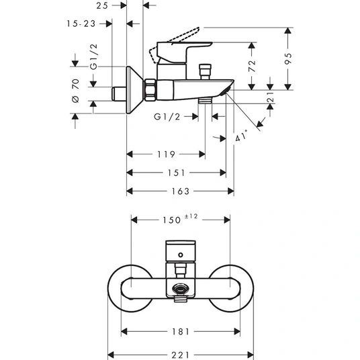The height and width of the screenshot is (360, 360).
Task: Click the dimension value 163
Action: [181, 191]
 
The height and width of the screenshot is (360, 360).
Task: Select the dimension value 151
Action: [176, 173]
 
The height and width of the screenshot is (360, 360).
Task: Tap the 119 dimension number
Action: [166, 154]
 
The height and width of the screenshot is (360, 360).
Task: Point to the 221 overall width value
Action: [181, 355]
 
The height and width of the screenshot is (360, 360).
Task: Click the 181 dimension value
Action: [181, 332]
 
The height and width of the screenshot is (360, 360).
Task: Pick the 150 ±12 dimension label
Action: [180, 219]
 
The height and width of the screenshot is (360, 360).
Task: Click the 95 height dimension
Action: [289, 58]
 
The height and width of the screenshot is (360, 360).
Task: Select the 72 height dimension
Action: [252, 66]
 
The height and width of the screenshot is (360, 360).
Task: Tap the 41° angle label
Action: [242, 136]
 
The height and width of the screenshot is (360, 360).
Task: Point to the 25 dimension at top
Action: [102, 6]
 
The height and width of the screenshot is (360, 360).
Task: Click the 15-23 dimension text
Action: [81, 24]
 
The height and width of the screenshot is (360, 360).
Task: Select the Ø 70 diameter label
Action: [75, 91]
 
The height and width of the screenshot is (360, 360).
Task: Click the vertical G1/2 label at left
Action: [93, 56]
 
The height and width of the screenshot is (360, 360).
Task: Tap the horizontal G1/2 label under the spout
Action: [167, 117]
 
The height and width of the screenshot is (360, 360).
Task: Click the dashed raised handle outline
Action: [174, 45]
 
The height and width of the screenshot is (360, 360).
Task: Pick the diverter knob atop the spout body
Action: [205, 72]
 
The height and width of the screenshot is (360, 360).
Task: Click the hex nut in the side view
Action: [150, 90]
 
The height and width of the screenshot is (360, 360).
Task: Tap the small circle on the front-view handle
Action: [181, 255]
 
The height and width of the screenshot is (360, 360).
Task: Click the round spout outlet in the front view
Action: [181, 289]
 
